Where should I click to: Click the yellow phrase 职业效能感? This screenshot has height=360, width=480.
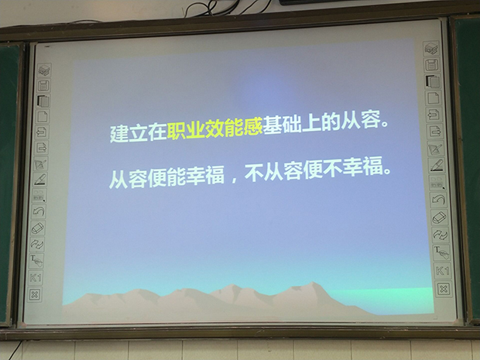[x=215, y=130]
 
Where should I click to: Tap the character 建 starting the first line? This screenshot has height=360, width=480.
[x=119, y=133]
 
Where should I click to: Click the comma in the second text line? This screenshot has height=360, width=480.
[x=235, y=180]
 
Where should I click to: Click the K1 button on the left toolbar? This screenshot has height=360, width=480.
[x=35, y=278]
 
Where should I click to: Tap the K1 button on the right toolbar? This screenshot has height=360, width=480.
[x=442, y=271]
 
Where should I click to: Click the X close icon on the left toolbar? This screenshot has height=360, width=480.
[x=34, y=295]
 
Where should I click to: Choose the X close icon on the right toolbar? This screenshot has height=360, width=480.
[x=444, y=289]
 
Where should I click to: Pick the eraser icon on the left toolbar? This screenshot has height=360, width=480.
[x=37, y=228]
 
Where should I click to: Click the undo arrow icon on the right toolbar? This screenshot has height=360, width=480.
[x=438, y=200]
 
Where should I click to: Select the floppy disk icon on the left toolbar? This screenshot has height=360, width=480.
[x=43, y=86]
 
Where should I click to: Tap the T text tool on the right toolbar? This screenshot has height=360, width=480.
[x=441, y=252]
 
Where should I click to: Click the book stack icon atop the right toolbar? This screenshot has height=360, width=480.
[x=431, y=48]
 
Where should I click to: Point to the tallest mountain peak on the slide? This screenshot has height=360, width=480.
[x=312, y=283]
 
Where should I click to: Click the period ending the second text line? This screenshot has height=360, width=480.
[x=387, y=170]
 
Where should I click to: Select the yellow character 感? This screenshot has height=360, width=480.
[x=253, y=128]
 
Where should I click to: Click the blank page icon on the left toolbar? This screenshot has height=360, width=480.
[x=43, y=117]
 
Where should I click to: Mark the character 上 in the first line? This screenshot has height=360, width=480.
[x=311, y=124]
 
